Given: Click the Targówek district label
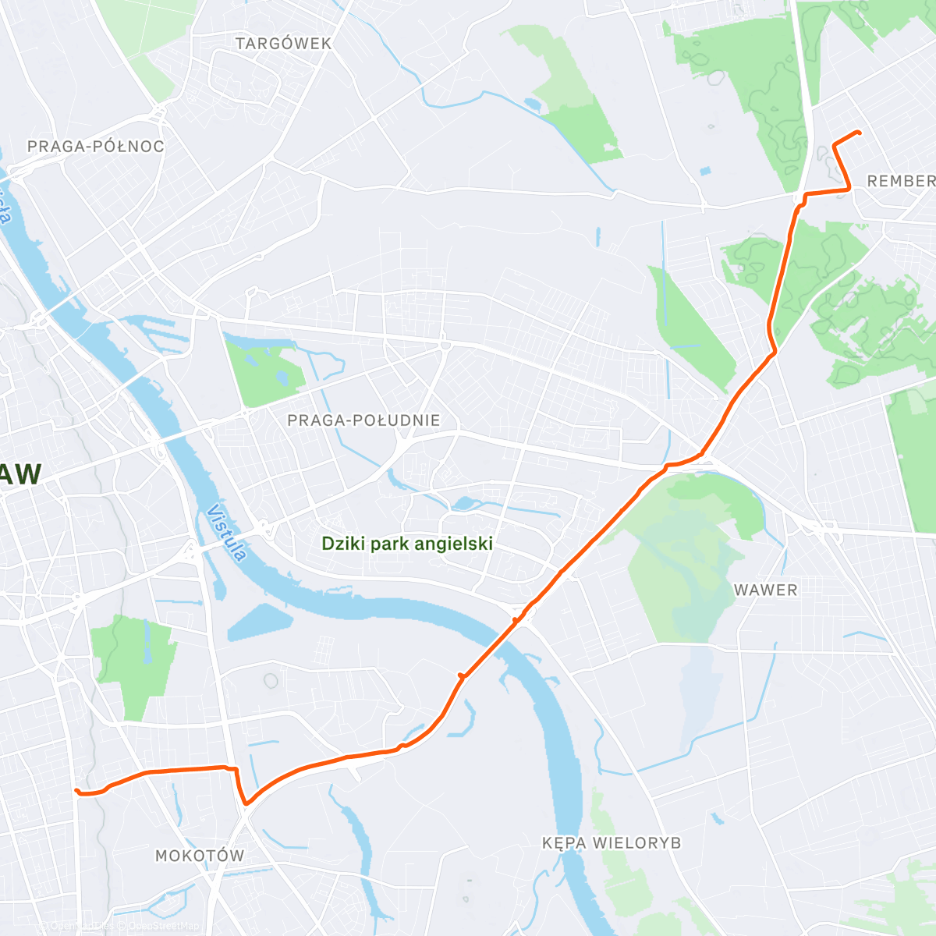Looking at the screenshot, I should [x=284, y=44].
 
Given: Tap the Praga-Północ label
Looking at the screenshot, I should [x=95, y=147].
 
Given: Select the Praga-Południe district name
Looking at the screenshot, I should [x=363, y=420].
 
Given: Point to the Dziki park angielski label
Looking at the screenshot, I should [x=407, y=544].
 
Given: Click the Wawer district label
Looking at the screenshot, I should [x=766, y=590].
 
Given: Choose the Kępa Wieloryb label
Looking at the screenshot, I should [x=612, y=843].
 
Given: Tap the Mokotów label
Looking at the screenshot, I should [x=200, y=856].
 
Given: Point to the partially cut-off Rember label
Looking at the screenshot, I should [x=901, y=181].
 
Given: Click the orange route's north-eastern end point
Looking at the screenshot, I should [x=859, y=133].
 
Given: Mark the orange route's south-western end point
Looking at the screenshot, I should [x=76, y=790].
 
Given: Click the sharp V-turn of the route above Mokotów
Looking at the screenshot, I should [x=246, y=803].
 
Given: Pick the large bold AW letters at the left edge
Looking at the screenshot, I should [x=20, y=474].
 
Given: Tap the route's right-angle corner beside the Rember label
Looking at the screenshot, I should [x=849, y=189].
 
